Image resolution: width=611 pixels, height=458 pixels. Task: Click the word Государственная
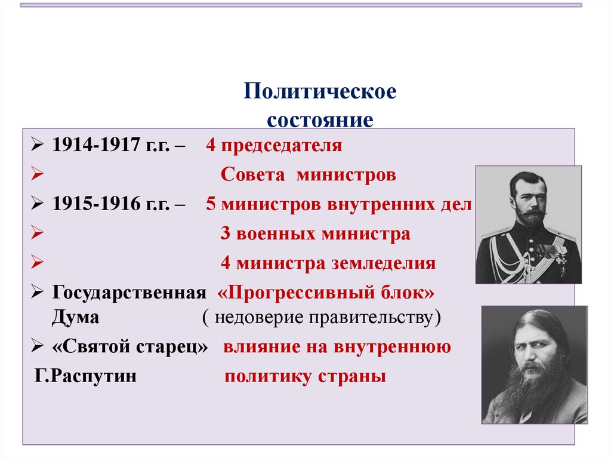point(129,293)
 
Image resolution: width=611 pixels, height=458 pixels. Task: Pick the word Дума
point(75,317)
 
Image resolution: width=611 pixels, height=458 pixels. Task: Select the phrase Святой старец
point(131,348)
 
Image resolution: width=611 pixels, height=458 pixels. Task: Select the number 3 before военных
point(225,233)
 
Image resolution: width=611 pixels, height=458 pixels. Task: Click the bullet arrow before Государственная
point(36,293)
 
